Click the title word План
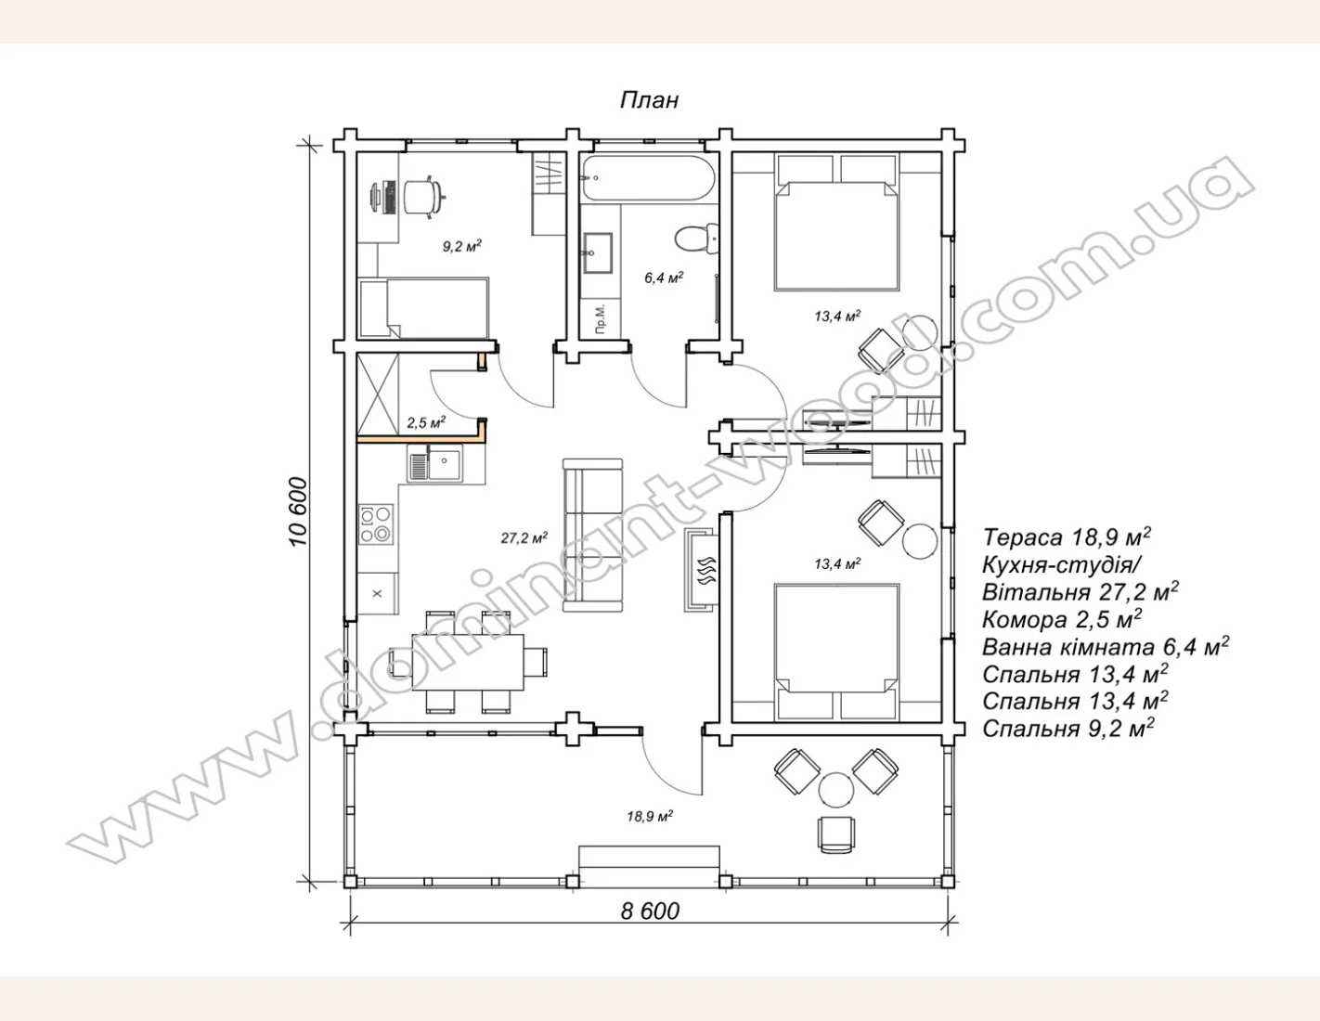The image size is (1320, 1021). (649, 100)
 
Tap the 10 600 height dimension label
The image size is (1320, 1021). (299, 512)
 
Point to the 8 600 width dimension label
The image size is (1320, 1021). (650, 911)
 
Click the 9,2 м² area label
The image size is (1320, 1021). (461, 246)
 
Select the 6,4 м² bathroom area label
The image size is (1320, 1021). (664, 278)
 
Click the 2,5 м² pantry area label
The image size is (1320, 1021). (426, 422)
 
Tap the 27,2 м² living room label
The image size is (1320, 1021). (524, 537)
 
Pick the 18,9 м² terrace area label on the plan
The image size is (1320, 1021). (650, 816)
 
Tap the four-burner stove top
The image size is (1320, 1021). (375, 524)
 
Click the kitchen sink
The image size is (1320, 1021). (435, 463)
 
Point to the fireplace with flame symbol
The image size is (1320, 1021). (702, 570)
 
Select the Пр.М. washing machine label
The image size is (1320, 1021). (601, 319)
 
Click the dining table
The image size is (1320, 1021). (468, 662)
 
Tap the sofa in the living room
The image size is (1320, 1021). (592, 536)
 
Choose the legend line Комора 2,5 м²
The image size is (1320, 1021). (1062, 619)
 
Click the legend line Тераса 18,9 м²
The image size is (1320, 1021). (1067, 537)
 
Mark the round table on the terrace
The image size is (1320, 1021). (836, 790)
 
